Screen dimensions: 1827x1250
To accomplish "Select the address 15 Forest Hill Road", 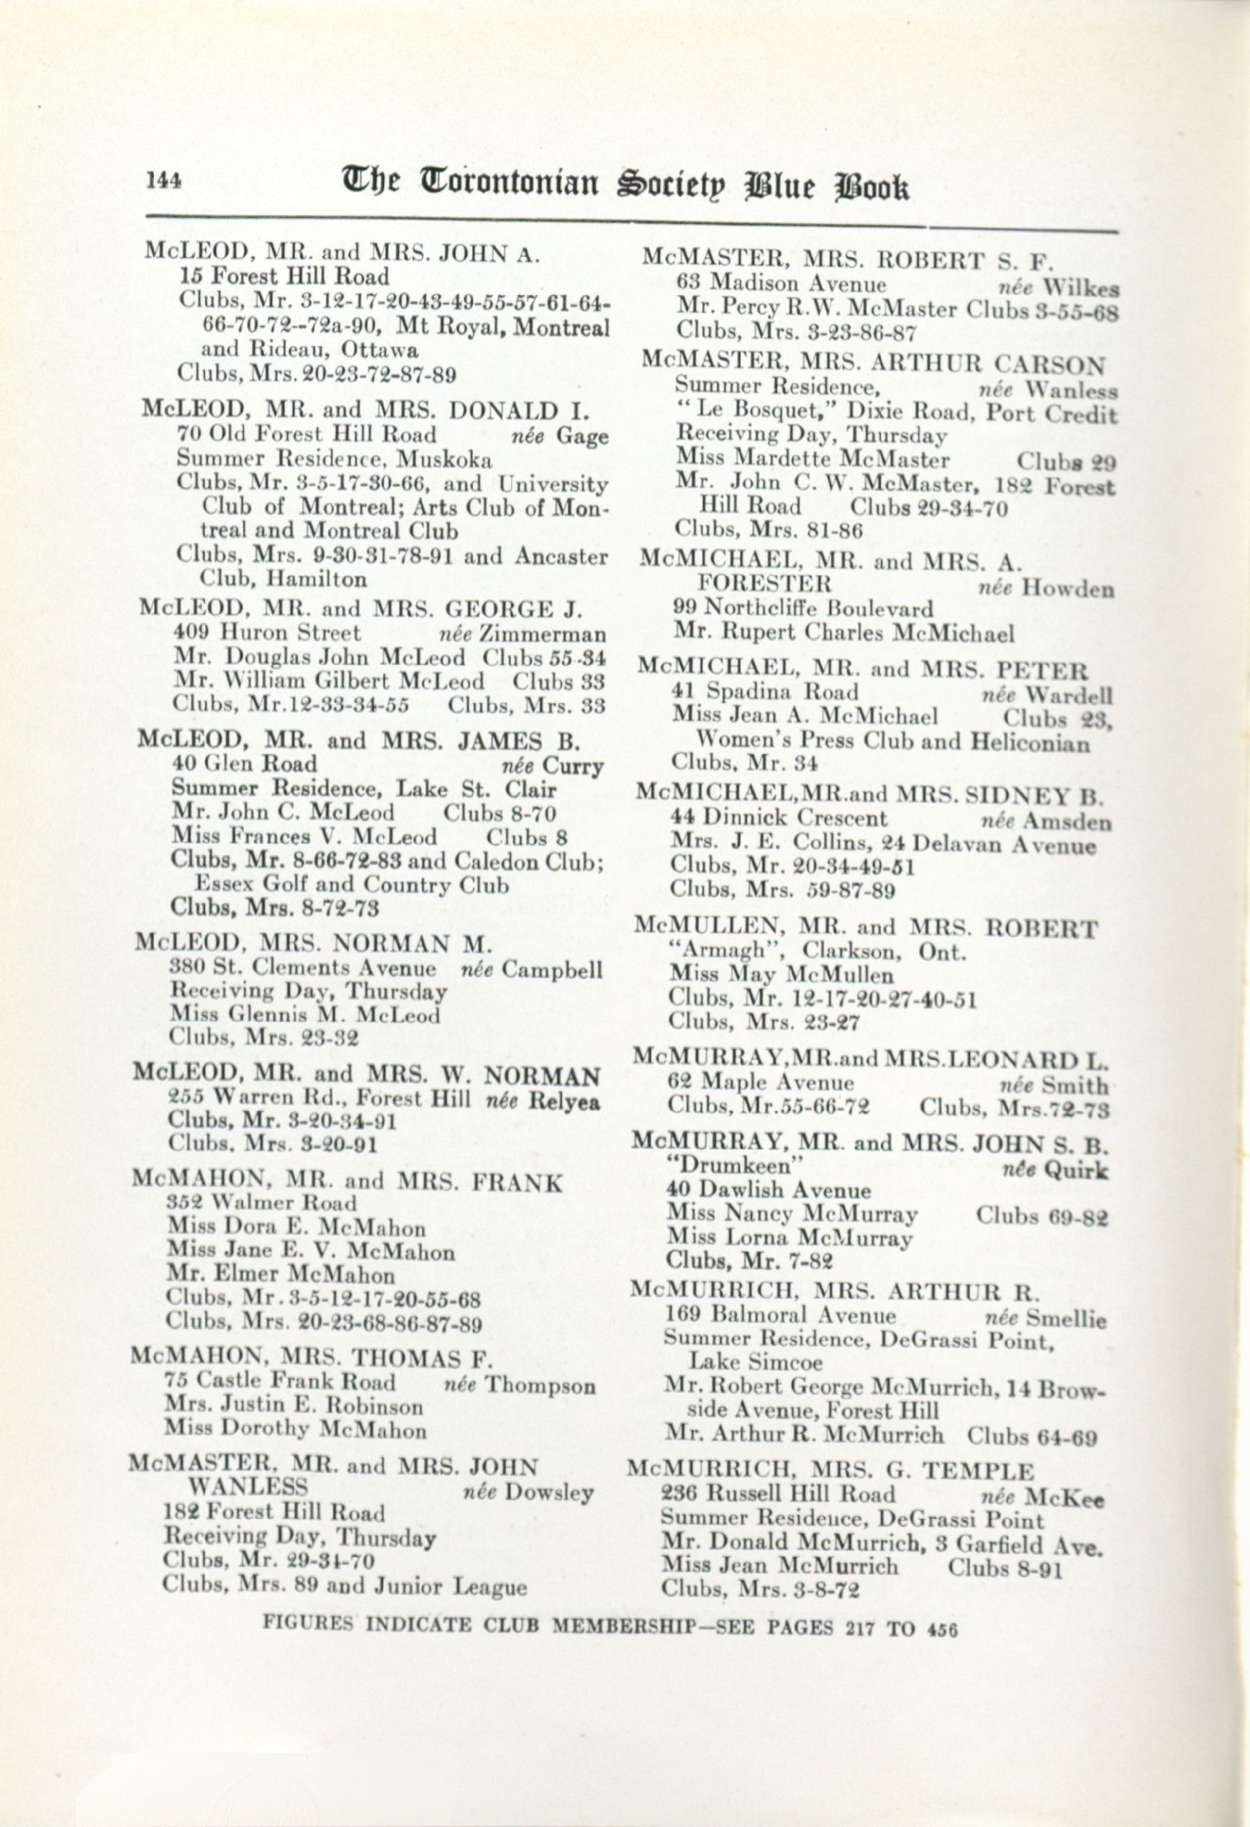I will (284, 277).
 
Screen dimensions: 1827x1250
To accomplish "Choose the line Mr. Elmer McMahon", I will (281, 1274).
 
